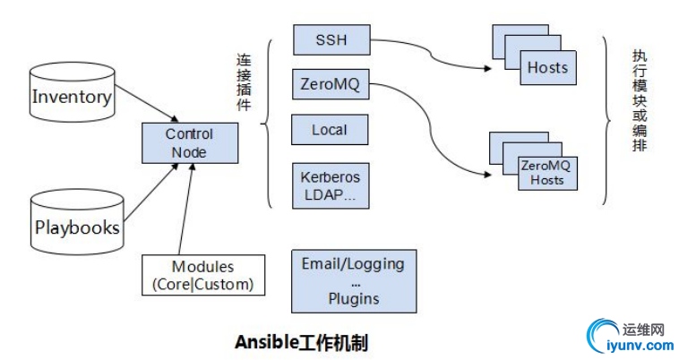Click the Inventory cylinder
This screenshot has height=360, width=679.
click(72, 96)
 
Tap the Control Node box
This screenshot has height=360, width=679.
click(189, 143)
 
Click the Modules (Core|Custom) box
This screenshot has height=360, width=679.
click(204, 276)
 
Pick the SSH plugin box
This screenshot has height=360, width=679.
click(331, 40)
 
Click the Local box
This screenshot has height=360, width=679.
click(331, 130)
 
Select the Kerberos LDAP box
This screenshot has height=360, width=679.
click(331, 186)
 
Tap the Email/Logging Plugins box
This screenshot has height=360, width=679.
click(354, 281)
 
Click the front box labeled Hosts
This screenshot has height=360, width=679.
click(547, 68)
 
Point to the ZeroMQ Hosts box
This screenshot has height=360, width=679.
click(546, 173)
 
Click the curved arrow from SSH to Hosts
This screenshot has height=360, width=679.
click(430, 56)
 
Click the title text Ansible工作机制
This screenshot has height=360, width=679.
click(301, 341)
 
